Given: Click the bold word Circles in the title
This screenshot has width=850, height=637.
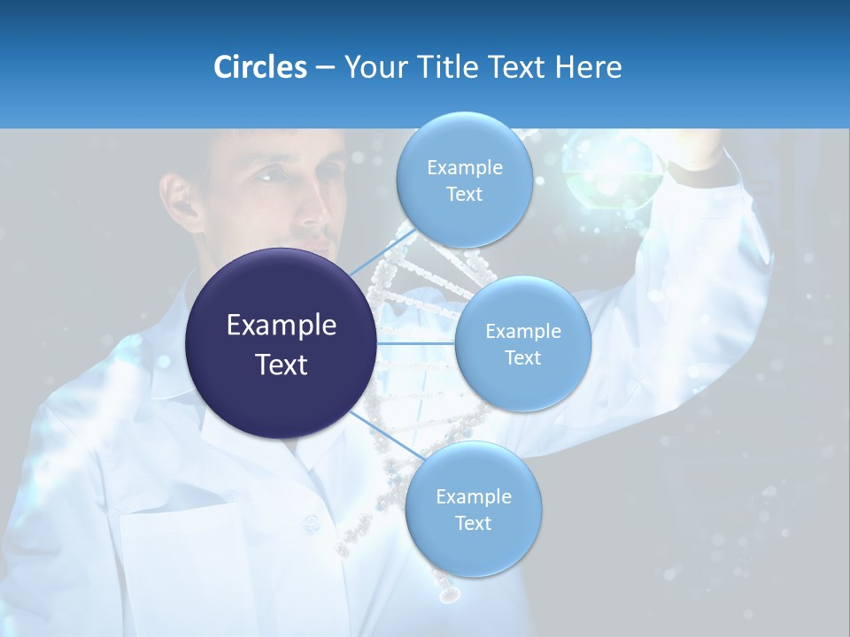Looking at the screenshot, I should [259, 67].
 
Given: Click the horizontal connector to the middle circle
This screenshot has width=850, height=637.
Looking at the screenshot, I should [416, 343].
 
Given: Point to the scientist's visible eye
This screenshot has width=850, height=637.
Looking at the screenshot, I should [269, 174].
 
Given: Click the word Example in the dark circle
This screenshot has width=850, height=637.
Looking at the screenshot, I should [282, 326].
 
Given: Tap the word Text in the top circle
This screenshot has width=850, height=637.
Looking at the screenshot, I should [464, 195].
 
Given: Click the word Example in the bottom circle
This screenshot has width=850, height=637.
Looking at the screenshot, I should [474, 497].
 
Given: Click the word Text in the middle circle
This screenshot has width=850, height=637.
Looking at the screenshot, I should [522, 357].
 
